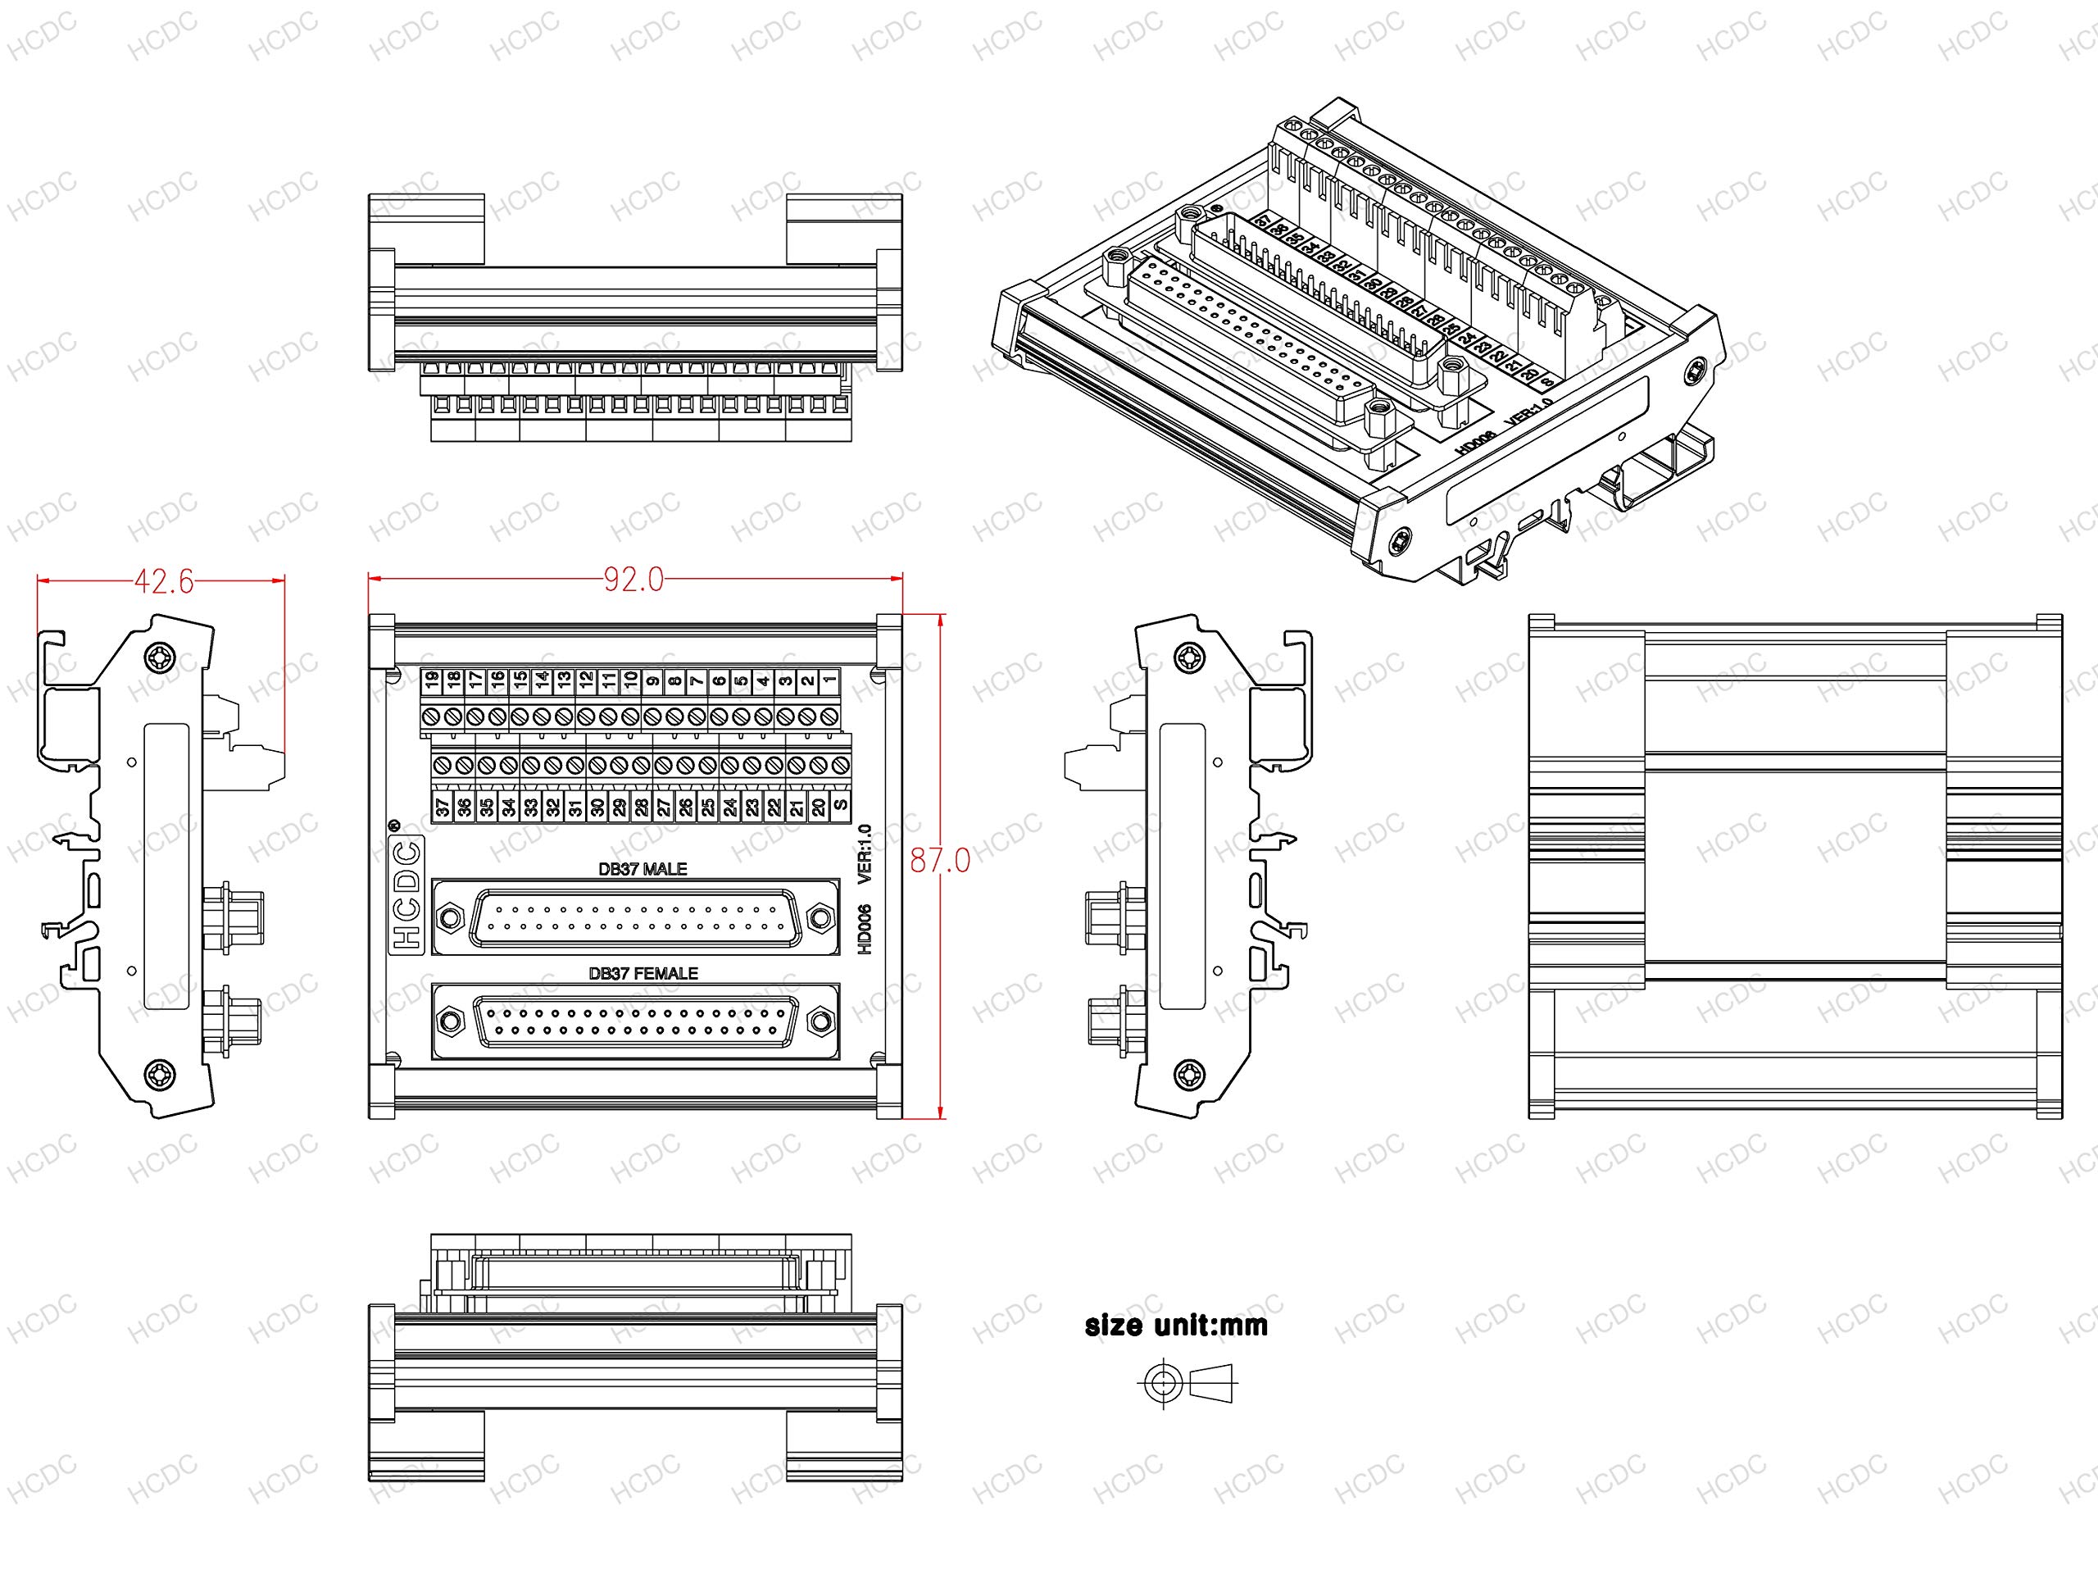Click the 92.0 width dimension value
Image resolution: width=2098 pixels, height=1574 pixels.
tap(633, 580)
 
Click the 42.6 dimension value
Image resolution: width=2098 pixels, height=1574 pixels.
tap(163, 581)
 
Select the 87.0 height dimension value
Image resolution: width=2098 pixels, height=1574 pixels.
tap(940, 861)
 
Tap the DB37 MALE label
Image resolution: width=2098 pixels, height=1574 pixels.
tap(643, 869)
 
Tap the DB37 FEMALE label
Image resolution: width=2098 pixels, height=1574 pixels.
tap(643, 973)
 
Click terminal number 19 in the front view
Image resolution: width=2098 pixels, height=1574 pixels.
tap(432, 680)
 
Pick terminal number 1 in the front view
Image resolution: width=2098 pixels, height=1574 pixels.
tap(829, 680)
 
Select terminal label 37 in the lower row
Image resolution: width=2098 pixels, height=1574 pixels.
tap(442, 807)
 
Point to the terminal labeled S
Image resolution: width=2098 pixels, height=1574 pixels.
tap(839, 807)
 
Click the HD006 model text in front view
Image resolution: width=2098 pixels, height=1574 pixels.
tap(864, 929)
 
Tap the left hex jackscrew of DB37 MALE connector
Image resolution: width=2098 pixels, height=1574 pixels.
tap(450, 917)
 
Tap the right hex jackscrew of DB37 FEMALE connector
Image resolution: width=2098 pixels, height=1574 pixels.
tap(819, 1021)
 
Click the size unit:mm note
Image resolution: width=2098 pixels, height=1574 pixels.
tap(1176, 1326)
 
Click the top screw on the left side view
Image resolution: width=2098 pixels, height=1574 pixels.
tap(158, 657)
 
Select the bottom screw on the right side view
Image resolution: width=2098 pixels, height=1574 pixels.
tap(1188, 1075)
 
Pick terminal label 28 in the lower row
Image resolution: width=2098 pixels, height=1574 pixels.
tap(641, 807)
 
